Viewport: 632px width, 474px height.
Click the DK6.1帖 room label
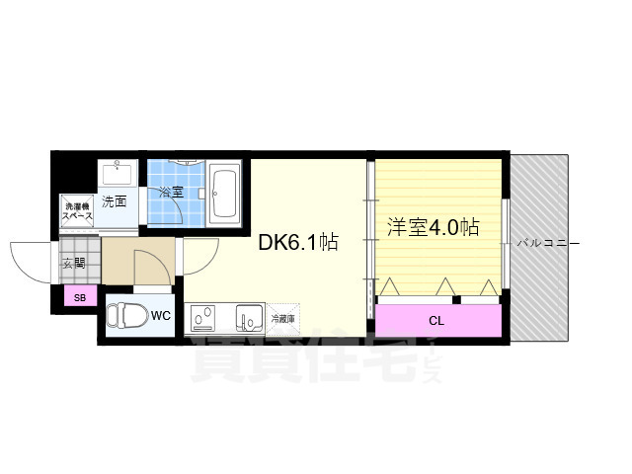coord(298,242)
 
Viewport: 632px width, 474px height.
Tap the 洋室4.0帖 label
coord(432,227)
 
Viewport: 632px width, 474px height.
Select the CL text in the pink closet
coord(435,320)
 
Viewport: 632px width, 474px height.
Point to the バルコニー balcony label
coord(545,242)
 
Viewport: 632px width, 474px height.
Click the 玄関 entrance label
coord(73,263)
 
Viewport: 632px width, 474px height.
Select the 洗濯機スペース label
coord(77,210)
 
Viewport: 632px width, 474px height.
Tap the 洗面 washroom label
coord(114,201)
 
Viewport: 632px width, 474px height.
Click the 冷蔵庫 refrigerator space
coord(283,319)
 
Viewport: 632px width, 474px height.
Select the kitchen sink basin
coord(247,318)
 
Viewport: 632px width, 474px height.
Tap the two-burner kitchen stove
coord(205,318)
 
